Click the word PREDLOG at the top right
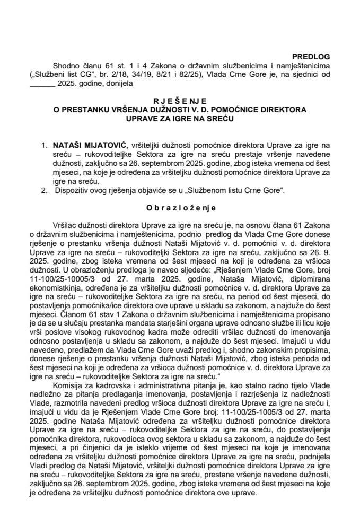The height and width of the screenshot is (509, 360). click(312, 55)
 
